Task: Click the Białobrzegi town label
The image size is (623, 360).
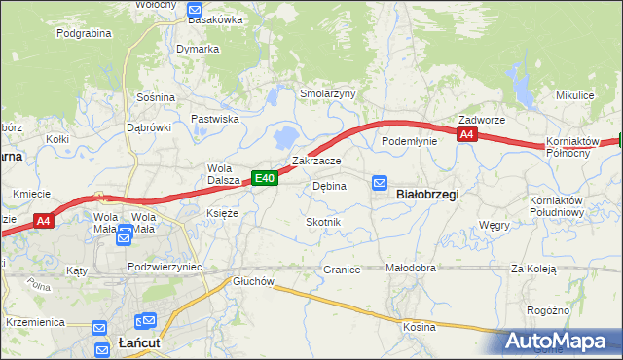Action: coord(425,194)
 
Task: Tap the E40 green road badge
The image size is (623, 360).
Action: coord(266,178)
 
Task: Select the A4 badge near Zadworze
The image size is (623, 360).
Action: coord(467,135)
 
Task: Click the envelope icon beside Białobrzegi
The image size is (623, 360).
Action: coord(380,182)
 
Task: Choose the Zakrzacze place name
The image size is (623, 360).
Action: coord(316,161)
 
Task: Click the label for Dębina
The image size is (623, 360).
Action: coord(329,186)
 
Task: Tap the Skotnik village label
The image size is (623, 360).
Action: coord(323,223)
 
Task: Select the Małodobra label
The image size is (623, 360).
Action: coord(410,269)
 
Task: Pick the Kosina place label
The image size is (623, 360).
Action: coord(420,327)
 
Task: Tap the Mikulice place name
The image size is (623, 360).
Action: coord(574,95)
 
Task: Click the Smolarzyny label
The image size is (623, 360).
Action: coord(328,94)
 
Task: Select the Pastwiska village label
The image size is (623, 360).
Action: coord(215,119)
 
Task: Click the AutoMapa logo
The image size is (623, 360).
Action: coord(556,342)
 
